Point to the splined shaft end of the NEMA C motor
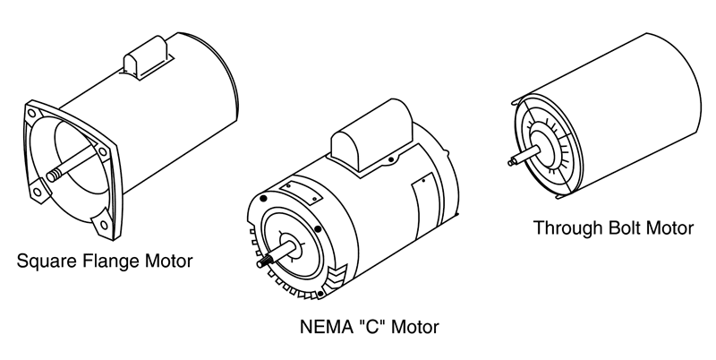(x=269, y=261)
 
